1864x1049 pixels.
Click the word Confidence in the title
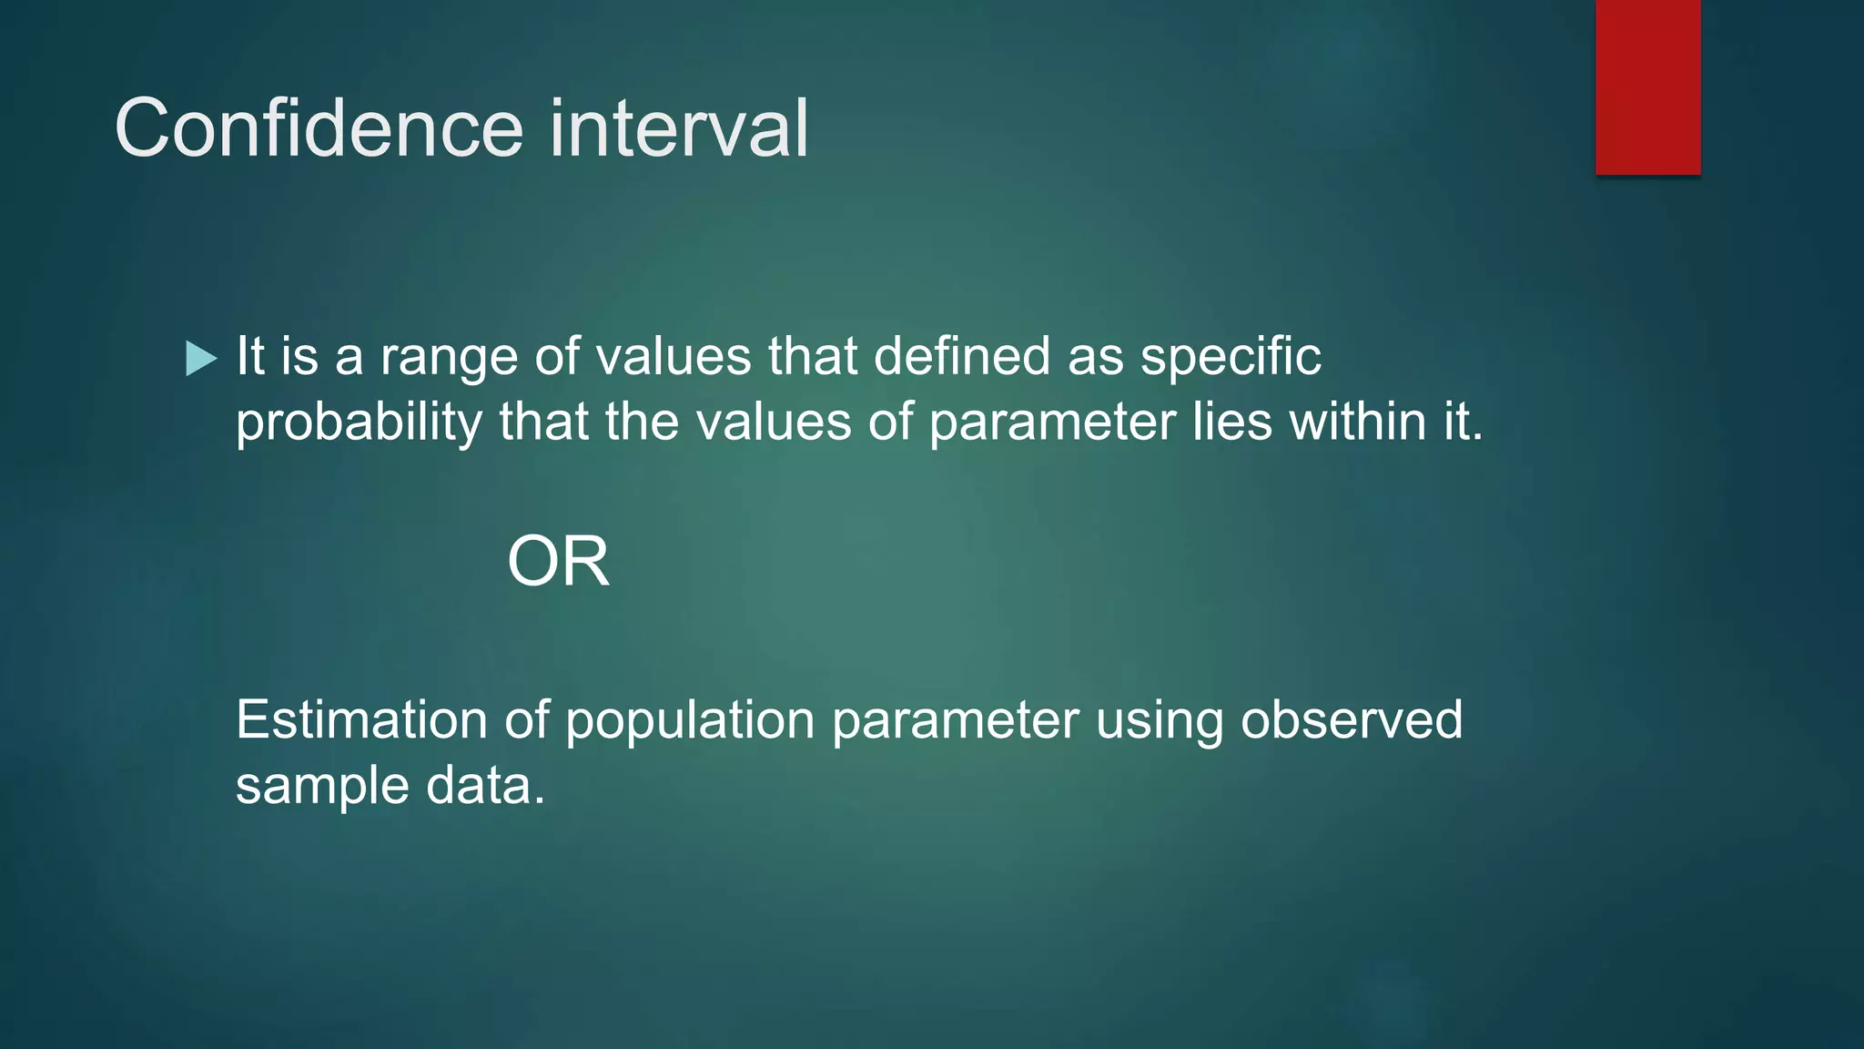click(x=319, y=128)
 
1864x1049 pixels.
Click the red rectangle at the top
click(x=1647, y=87)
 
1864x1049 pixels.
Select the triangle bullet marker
click(x=200, y=358)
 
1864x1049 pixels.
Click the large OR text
click(x=558, y=562)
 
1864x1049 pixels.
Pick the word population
click(x=689, y=721)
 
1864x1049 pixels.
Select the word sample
click(x=322, y=787)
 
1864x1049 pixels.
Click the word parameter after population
click(x=955, y=721)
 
